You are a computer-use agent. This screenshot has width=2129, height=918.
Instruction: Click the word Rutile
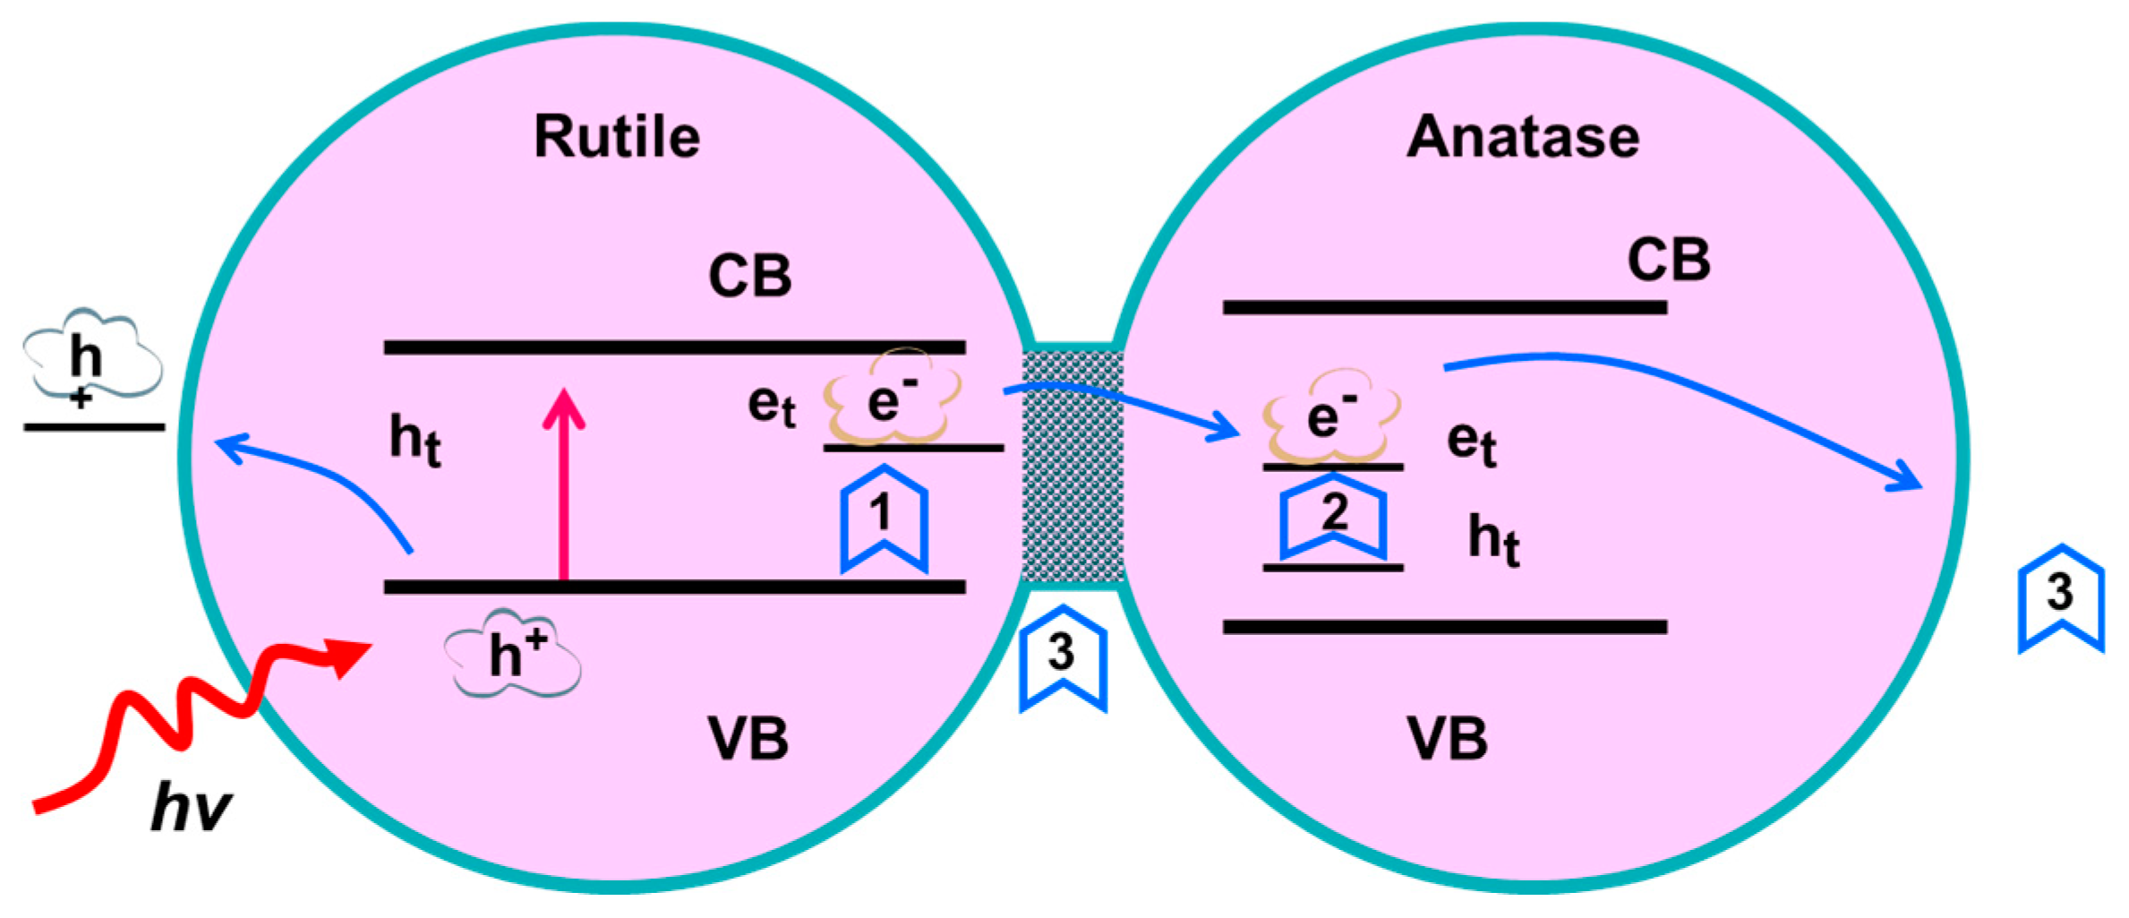616,137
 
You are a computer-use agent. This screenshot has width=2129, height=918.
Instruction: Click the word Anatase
1522,137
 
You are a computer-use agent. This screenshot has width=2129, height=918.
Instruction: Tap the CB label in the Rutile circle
749,276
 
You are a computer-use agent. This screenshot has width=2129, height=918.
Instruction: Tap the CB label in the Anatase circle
1668,260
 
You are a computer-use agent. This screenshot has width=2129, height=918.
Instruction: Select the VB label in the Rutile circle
748,739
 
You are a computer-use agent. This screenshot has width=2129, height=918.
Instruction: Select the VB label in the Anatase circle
1447,739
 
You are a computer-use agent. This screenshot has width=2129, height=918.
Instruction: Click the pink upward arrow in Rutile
564,484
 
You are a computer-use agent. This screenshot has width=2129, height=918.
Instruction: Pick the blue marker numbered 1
883,518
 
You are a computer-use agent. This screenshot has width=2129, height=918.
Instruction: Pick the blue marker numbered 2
1333,515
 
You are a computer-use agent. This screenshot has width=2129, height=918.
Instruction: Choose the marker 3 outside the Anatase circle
2060,596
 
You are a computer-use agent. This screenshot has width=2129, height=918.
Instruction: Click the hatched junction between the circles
1072,466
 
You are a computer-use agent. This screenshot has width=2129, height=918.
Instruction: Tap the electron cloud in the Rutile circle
892,399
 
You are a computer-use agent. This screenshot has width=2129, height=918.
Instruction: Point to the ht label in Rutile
415,441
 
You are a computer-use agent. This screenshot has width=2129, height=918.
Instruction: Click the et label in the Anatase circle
1471,442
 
